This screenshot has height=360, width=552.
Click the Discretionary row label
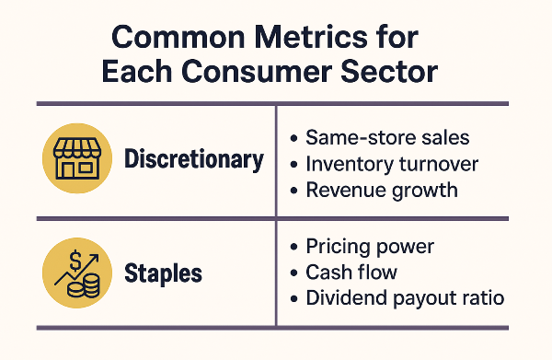(193, 159)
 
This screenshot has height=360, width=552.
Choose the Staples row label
(163, 273)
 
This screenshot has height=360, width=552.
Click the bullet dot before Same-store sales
(293, 139)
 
